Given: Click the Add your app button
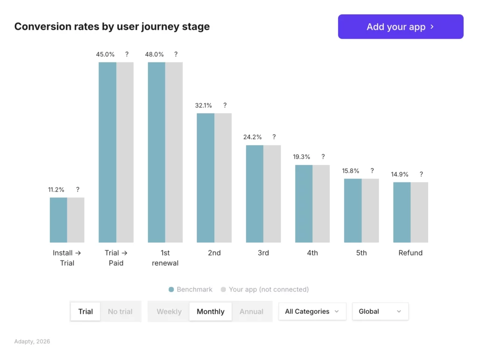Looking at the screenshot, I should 401,27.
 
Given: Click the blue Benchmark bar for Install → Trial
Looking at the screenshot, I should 58,220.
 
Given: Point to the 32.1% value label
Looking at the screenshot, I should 204,105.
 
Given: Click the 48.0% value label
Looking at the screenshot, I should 155,54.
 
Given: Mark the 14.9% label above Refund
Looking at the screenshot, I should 400,174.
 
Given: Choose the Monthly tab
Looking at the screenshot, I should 211,312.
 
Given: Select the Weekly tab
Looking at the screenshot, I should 169,312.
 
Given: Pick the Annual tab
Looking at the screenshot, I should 252,312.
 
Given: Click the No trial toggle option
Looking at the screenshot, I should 120,312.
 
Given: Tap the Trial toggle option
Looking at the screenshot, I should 85,312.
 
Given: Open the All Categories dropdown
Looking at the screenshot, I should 312,312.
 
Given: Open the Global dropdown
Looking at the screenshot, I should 380,312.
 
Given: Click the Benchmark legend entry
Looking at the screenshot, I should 190,290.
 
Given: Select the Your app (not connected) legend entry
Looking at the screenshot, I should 265,290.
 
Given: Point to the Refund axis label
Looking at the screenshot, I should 410,253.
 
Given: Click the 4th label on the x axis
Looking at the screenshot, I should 312,253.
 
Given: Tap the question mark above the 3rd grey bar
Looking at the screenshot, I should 274,137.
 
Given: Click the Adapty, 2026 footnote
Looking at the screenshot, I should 32,341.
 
